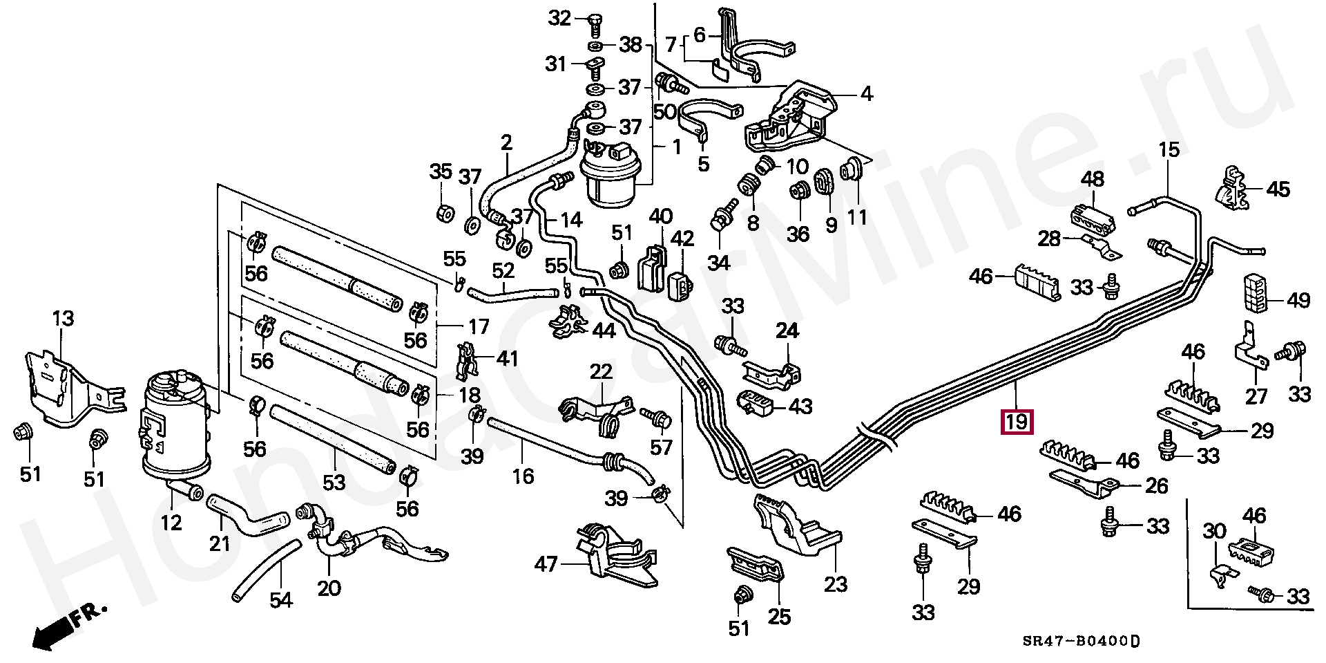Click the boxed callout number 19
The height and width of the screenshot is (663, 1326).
(1017, 421)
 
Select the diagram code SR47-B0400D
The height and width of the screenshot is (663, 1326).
(1081, 641)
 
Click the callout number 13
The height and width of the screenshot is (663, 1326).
(63, 319)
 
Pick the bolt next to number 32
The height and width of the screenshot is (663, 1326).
(593, 26)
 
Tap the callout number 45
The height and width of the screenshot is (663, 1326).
(1278, 189)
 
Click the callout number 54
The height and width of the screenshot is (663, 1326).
(281, 599)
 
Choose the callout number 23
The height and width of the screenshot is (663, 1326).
(836, 585)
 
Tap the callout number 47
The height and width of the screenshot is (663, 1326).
(546, 565)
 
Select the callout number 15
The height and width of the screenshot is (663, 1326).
(1169, 149)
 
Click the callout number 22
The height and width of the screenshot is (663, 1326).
(601, 371)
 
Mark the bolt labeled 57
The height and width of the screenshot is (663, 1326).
(656, 417)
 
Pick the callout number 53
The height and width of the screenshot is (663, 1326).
(334, 482)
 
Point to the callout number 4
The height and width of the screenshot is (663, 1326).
(867, 93)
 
